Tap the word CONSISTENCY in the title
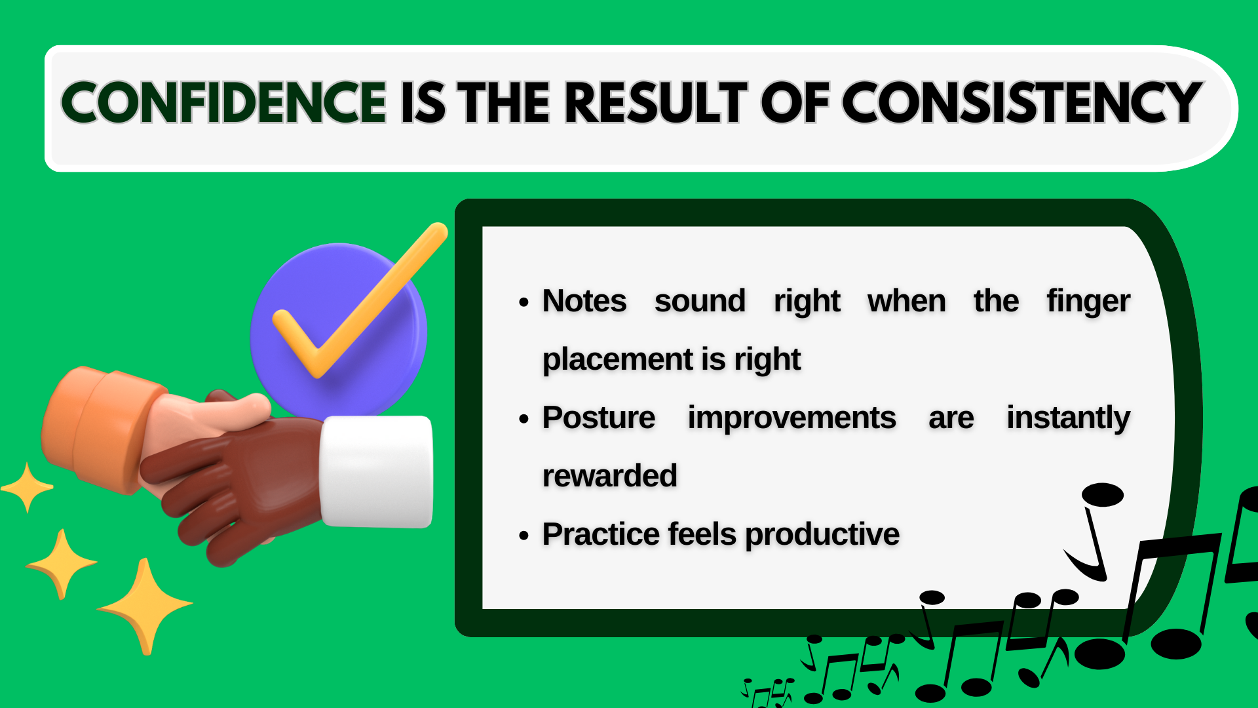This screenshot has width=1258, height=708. [x=1022, y=103]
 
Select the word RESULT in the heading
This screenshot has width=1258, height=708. [x=655, y=103]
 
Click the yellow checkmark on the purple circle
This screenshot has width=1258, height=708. [x=354, y=308]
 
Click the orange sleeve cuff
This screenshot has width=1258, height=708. [x=98, y=429]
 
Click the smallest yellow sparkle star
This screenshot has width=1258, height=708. [x=28, y=487]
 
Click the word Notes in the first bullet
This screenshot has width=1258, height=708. [x=584, y=302]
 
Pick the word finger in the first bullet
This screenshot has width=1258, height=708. [x=1088, y=302]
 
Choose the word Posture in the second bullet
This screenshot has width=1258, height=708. [x=598, y=418]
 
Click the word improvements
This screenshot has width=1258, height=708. [x=791, y=418]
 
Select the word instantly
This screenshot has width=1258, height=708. [x=1068, y=418]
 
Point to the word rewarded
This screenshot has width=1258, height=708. [x=609, y=476]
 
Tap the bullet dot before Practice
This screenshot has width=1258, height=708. [x=524, y=536]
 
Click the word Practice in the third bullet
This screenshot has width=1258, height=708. [x=601, y=534]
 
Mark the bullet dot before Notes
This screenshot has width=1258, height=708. [x=524, y=303]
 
